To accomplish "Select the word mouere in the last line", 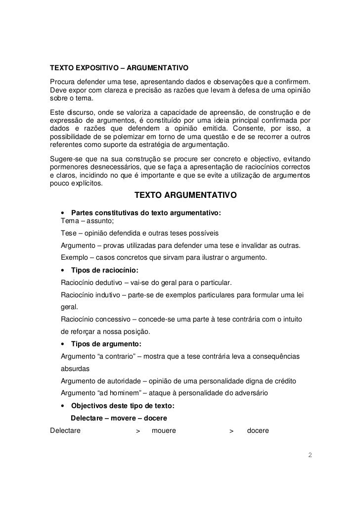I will point(164,431).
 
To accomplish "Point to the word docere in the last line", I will point(258,431).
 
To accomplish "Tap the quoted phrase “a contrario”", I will point(119,357).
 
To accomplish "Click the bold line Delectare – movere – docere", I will point(119,418).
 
